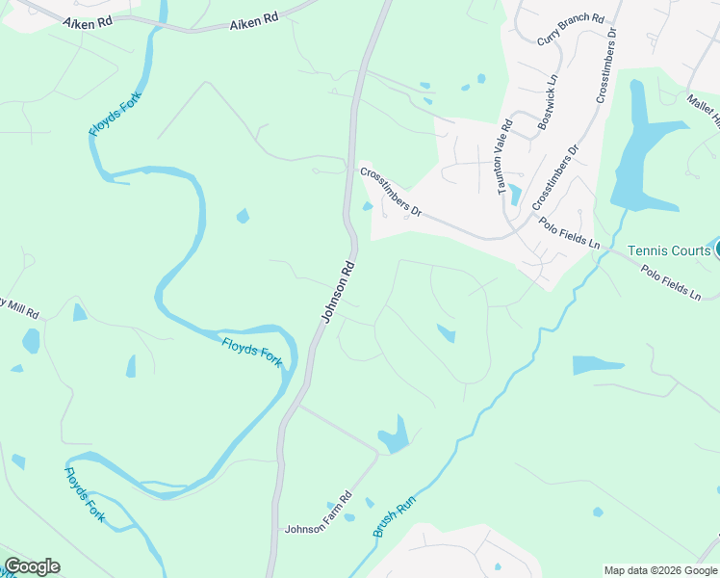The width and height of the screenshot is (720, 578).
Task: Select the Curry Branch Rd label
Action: pos(570,30)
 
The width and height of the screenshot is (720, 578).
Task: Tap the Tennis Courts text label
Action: pos(669,250)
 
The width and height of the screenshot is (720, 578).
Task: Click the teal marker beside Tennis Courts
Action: pos(716,250)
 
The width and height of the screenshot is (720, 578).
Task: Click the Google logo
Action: pos(32,566)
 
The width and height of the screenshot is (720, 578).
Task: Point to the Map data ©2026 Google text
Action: pos(661,570)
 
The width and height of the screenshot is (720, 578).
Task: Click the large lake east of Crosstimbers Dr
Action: pos(643,154)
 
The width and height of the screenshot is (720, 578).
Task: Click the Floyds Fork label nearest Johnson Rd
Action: pos(252,352)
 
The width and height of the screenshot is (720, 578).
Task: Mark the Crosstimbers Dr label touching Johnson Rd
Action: pos(391,191)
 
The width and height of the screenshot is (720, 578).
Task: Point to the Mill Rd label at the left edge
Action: pos(18,309)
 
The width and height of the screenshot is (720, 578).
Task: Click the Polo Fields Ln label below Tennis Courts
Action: pos(672,282)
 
